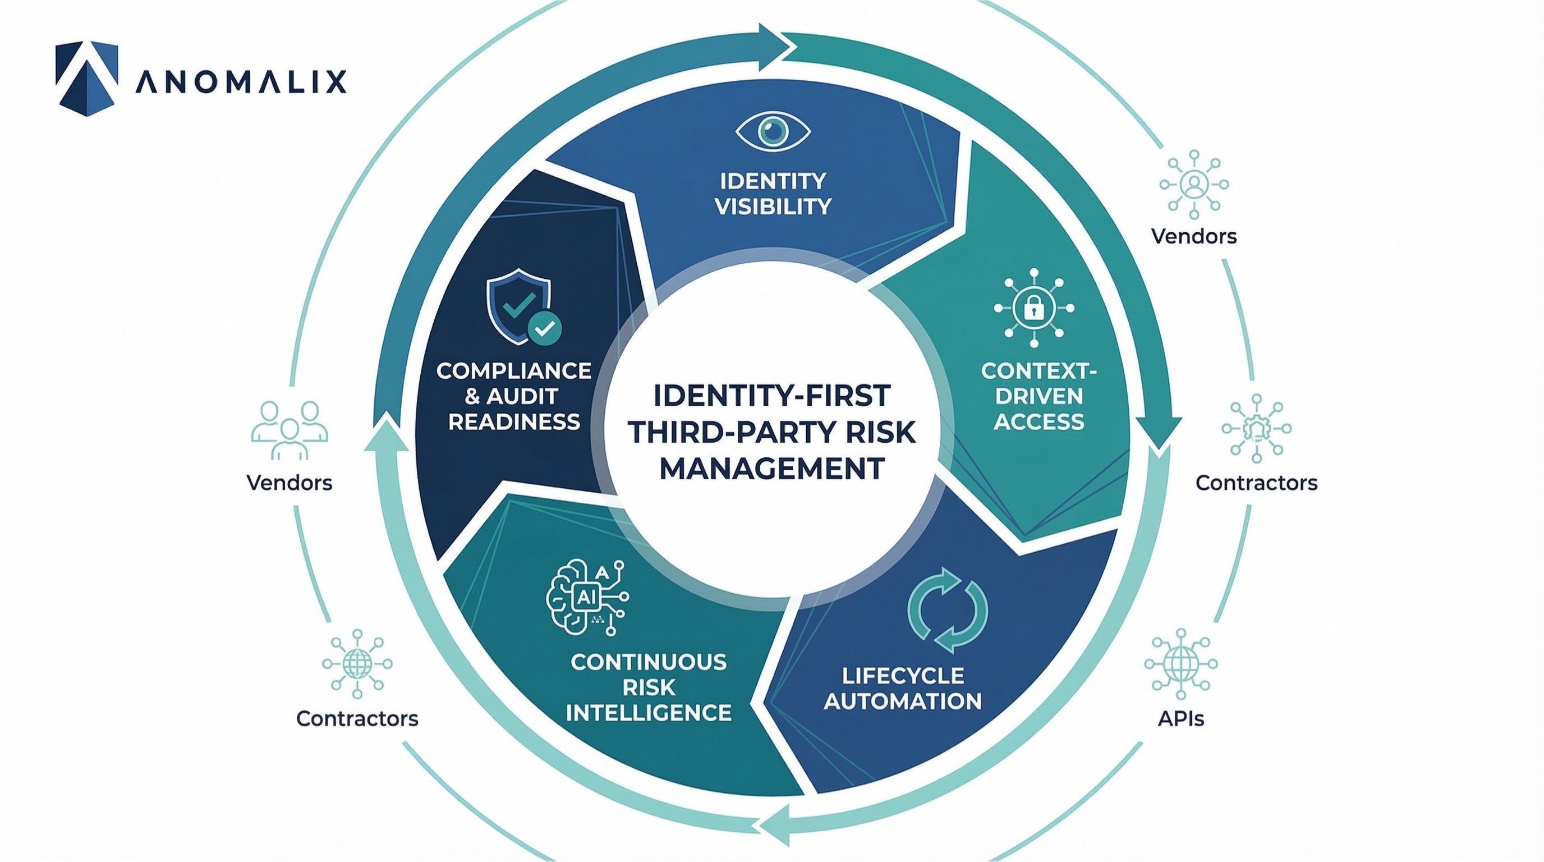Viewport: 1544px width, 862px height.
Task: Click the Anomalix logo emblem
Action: coord(86,77)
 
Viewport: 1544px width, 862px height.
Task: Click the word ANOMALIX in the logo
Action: coord(241,81)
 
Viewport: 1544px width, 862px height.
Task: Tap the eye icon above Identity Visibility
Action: coord(773,131)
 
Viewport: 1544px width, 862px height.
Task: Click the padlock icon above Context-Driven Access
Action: coord(1034,308)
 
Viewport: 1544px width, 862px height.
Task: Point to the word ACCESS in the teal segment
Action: coord(1038,422)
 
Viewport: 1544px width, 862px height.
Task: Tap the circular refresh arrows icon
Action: coord(947,609)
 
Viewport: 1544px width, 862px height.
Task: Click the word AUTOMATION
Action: coord(903,701)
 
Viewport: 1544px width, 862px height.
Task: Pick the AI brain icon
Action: coord(587,598)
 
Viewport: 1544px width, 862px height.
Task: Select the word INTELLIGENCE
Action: coord(649,713)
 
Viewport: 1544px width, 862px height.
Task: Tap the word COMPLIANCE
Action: coord(514,371)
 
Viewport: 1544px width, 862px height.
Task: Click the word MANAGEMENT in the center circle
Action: coord(772,469)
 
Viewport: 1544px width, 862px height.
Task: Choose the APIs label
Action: coord(1181,718)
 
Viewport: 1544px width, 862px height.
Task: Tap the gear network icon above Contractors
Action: coord(1256,428)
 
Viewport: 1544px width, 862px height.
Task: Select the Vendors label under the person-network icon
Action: coord(1193,236)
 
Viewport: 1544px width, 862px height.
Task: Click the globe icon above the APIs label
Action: coord(1181,663)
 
